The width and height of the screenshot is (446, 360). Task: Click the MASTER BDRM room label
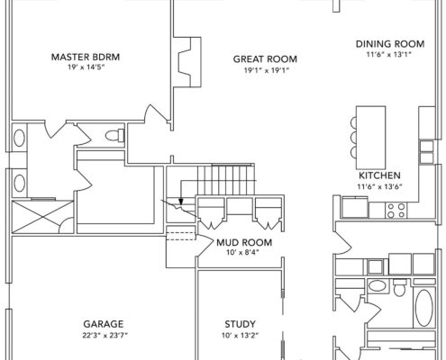[86, 57]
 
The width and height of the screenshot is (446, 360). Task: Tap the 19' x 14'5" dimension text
[86, 67]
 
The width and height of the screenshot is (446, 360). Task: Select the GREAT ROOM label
[265, 59]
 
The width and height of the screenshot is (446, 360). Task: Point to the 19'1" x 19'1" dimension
[267, 70]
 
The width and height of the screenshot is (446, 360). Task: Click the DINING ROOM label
[390, 44]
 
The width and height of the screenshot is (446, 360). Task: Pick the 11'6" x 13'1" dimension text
[388, 55]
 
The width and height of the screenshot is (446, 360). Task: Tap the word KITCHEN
[379, 175]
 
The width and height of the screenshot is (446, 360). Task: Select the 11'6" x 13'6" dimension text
[379, 186]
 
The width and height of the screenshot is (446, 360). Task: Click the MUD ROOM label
[244, 242]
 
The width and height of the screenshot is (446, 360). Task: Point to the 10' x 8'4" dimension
[242, 252]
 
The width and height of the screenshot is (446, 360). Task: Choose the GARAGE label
[104, 324]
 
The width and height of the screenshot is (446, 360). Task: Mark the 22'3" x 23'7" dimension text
[105, 335]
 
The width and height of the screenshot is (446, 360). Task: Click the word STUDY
[241, 324]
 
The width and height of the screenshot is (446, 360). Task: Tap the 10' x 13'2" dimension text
[241, 335]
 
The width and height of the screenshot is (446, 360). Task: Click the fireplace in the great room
[187, 62]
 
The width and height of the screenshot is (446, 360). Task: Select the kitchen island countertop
[371, 138]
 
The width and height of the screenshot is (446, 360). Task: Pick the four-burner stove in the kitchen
[396, 210]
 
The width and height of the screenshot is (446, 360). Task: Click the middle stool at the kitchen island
[353, 138]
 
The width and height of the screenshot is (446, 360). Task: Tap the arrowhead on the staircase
[181, 202]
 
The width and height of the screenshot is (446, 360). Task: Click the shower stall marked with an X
[42, 217]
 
